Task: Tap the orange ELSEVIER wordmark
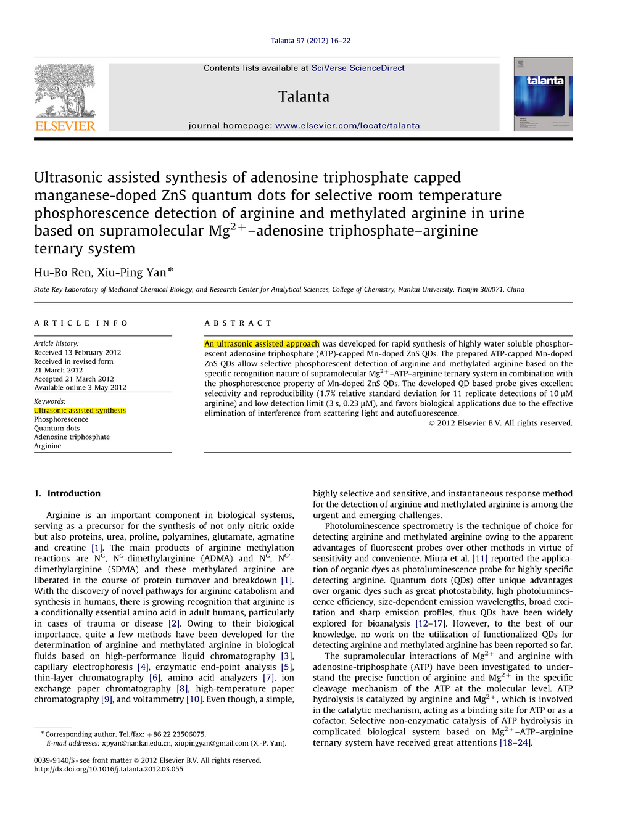(x=65, y=126)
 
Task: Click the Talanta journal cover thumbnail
(x=543, y=94)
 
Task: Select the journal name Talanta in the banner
(x=304, y=97)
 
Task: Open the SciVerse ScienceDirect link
(x=358, y=68)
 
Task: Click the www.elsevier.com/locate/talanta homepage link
(x=347, y=126)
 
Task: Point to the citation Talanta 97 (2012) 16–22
(x=310, y=41)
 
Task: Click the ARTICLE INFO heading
(x=81, y=323)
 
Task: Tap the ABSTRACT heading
(x=238, y=323)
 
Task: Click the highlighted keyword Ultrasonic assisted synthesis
(x=80, y=411)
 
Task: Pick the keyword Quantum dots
(x=57, y=429)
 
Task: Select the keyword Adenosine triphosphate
(x=72, y=437)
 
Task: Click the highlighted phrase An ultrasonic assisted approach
(x=262, y=344)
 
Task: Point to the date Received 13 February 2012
(x=77, y=353)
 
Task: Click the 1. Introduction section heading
(x=67, y=494)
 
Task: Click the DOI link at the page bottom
(x=109, y=770)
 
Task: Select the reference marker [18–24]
(x=515, y=743)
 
